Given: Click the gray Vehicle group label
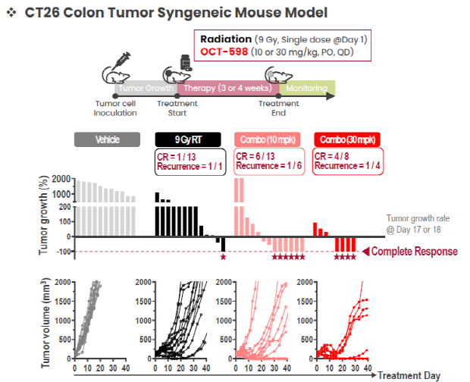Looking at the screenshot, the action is click(x=107, y=139).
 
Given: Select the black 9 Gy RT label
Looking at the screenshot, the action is click(x=188, y=139).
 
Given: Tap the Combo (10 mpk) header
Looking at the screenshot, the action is click(x=268, y=139).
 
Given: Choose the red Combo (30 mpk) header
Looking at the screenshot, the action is click(x=347, y=139).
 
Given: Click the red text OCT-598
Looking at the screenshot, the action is click(x=224, y=52).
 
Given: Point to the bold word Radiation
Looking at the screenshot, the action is click(x=226, y=39).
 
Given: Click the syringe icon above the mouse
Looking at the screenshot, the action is click(x=121, y=60).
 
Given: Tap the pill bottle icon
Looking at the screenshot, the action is click(x=186, y=63).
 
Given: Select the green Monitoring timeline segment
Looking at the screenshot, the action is click(x=307, y=88).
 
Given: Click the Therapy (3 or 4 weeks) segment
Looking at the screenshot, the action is click(x=228, y=88).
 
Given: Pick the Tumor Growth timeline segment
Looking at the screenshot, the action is click(x=146, y=88).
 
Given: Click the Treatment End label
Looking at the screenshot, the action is click(x=278, y=108).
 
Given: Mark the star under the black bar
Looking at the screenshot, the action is click(x=223, y=257).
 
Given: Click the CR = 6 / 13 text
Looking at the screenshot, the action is click(x=255, y=156).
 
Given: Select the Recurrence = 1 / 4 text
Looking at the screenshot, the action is click(x=347, y=166).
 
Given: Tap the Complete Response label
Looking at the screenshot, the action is click(x=414, y=252).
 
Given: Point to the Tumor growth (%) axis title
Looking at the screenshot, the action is click(x=44, y=215).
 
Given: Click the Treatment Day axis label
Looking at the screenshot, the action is click(x=409, y=375).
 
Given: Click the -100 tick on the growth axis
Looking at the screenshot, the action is click(x=64, y=252).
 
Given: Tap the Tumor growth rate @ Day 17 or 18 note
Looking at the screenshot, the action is click(x=418, y=224).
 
